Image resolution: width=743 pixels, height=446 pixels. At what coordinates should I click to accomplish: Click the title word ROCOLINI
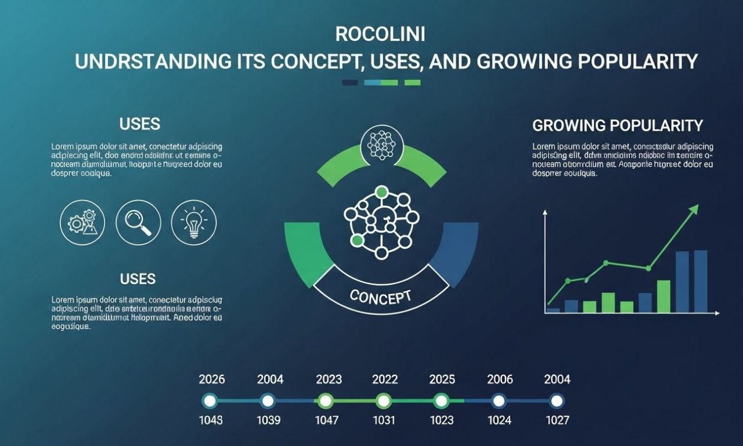380,34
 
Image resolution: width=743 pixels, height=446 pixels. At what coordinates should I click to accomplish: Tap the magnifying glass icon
138,223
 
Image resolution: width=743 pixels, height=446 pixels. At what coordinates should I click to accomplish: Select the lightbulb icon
194,223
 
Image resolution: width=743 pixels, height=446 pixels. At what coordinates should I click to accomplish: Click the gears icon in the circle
82,223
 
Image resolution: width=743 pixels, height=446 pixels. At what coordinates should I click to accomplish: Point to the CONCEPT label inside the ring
381,296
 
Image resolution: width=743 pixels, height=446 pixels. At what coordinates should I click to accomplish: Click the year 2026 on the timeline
212,379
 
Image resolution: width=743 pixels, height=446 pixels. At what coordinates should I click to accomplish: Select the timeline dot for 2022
383,401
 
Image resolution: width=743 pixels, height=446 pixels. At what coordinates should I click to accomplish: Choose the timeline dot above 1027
557,401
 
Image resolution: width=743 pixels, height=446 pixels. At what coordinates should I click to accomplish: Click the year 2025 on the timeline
442,379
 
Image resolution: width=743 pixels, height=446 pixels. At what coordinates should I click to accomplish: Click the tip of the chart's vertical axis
545,212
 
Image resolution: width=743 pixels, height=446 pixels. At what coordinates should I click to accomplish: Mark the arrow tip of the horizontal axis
719,313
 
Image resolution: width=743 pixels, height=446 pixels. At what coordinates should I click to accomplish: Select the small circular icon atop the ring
381,145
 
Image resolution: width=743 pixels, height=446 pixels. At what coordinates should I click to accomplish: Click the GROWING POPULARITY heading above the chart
617,125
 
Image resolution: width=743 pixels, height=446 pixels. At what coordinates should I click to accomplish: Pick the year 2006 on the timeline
500,379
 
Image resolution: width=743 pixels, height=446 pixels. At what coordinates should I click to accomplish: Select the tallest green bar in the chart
663,296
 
